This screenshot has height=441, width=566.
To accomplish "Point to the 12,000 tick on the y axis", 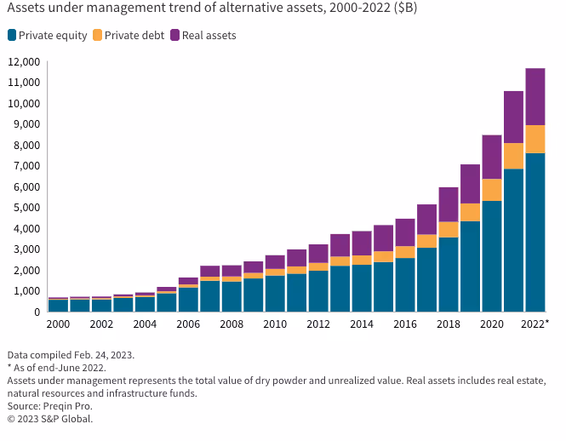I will [24, 62].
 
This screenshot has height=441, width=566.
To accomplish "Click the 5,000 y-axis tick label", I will [26, 208].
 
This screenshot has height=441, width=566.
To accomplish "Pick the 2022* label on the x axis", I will [535, 324].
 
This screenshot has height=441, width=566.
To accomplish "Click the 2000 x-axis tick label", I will [58, 324].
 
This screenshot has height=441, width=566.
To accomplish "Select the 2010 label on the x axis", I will [275, 324].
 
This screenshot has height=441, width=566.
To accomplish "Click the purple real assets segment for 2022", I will [535, 96].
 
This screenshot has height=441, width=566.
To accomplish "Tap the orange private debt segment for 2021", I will [513, 156].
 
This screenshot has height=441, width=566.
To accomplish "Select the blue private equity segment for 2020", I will [492, 255].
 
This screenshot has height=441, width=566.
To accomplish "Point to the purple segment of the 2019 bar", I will [470, 184].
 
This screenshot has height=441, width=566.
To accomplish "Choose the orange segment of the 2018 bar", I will [449, 229].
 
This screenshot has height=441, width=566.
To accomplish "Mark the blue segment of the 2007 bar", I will [210, 295].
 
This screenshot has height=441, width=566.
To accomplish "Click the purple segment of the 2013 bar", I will [340, 245].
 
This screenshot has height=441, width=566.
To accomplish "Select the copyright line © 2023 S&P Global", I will [49, 419].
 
